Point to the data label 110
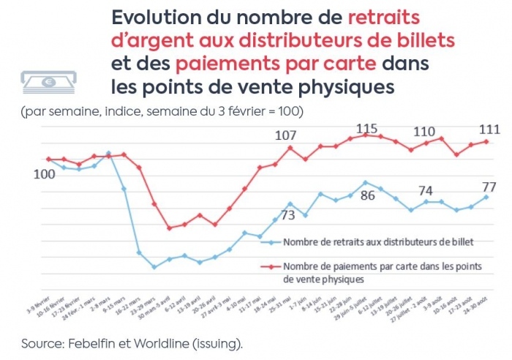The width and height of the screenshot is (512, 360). pyautogui.click(x=425, y=132)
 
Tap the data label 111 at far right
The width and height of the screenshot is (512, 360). pyautogui.click(x=489, y=130)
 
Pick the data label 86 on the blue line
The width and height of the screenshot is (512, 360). pyautogui.click(x=367, y=195)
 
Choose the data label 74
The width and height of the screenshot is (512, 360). pyautogui.click(x=426, y=190)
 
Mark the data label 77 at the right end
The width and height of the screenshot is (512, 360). pyautogui.click(x=489, y=185)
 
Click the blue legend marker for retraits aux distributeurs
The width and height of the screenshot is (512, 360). pyautogui.click(x=271, y=241)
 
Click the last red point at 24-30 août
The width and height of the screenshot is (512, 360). pyautogui.click(x=486, y=142)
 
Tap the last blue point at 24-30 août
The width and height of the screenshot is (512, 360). pyautogui.click(x=486, y=197)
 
